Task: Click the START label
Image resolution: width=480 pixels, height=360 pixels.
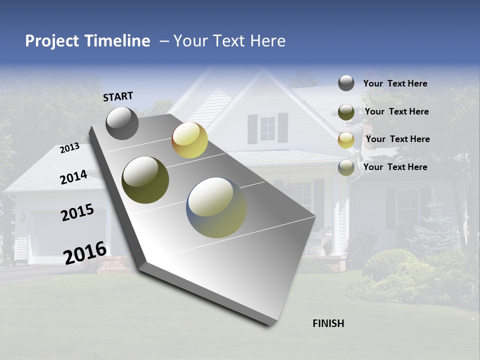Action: (118, 96)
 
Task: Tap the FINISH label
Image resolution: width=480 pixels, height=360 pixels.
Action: (328, 323)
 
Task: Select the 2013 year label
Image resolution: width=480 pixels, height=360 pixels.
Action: (69, 147)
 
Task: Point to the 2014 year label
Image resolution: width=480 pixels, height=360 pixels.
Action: (73, 177)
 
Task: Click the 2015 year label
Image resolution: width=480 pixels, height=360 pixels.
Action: (77, 212)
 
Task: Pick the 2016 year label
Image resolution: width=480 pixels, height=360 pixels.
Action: (84, 252)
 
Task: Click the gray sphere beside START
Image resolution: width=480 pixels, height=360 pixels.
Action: (122, 123)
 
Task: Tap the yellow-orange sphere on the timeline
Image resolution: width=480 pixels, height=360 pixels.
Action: (189, 140)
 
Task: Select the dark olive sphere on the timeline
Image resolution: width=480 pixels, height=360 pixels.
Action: (145, 180)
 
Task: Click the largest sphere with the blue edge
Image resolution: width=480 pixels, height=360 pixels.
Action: (216, 207)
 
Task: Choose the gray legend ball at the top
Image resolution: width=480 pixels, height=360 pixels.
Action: (346, 83)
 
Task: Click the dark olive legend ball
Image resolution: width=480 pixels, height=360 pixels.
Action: (346, 112)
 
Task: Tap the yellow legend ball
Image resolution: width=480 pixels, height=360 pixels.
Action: (346, 140)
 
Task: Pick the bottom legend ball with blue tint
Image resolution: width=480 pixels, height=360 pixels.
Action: (346, 167)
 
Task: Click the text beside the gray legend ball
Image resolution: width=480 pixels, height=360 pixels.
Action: (395, 83)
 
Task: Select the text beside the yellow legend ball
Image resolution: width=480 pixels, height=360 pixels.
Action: (397, 139)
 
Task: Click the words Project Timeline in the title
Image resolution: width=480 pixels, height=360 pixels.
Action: (87, 41)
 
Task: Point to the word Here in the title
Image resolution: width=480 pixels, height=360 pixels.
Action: (267, 41)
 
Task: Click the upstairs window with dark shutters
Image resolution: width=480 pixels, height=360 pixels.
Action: (267, 128)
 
